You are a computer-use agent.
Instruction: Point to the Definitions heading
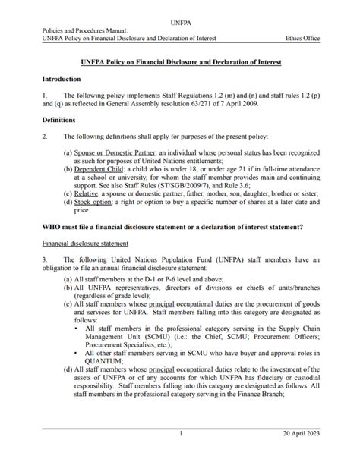tap(59, 120)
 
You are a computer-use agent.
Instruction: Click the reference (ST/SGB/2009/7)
tap(186, 184)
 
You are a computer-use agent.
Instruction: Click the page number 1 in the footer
tap(181, 433)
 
